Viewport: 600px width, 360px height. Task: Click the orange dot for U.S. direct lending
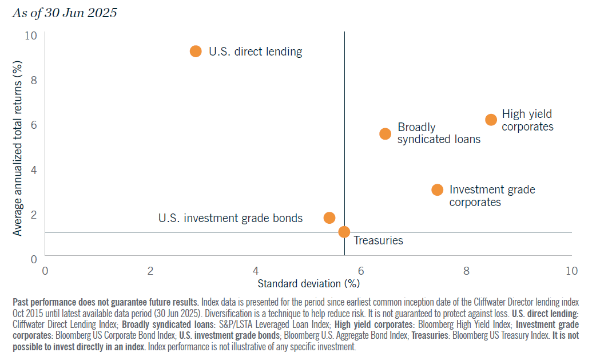[196, 52]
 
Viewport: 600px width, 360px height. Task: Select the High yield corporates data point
[491, 120]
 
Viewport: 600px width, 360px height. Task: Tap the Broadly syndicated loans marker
[386, 133]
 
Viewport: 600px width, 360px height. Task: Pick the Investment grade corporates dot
[437, 190]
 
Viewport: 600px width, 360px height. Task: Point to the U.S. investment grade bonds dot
[329, 217]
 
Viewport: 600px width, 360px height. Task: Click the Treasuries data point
[344, 232]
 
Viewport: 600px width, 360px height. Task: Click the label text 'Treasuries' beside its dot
[378, 241]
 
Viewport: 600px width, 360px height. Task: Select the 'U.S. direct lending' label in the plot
[255, 52]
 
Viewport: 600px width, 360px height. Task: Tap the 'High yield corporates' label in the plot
[527, 120]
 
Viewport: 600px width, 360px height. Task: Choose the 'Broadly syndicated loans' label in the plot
[439, 133]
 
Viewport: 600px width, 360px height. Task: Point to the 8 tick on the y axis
[33, 80]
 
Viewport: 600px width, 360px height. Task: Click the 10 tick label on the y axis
[31, 35]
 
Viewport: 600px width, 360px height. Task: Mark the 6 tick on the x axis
[360, 270]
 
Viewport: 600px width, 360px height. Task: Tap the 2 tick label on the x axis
[150, 270]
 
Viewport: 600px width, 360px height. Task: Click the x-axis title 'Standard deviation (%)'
[308, 283]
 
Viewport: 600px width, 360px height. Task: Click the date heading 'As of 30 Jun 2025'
[64, 13]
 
